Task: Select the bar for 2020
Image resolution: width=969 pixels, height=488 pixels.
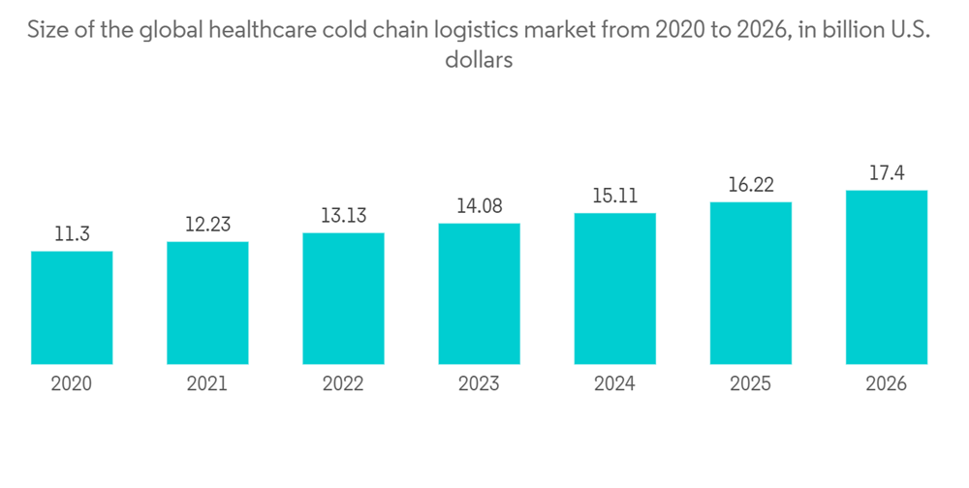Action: point(72,308)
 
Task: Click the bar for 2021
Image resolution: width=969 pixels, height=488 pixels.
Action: point(207,303)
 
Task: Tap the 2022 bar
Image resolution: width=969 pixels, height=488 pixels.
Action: point(343,298)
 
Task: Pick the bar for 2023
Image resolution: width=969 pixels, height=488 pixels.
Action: point(479,293)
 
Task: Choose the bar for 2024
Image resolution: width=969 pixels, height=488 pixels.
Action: point(614,289)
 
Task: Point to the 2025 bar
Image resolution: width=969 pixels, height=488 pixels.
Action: point(750,283)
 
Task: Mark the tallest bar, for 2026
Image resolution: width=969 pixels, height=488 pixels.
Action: point(886,277)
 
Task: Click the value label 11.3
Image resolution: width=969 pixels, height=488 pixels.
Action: point(72,234)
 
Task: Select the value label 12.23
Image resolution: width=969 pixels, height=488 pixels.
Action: point(207,225)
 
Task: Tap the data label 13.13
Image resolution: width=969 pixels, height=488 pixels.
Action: point(343,216)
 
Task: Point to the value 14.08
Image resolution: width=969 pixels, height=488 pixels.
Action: point(479,206)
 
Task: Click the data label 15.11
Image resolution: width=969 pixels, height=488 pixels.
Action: point(614,197)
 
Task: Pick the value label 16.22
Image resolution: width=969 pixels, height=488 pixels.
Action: point(750,185)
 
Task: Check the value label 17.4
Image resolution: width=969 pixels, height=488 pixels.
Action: point(886,174)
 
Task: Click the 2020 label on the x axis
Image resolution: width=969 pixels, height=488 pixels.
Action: point(72,384)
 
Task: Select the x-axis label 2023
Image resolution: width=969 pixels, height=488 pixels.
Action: point(479,384)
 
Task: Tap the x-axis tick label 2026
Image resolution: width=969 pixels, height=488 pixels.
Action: point(886,384)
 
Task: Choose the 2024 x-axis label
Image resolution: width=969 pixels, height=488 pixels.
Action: point(614,384)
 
